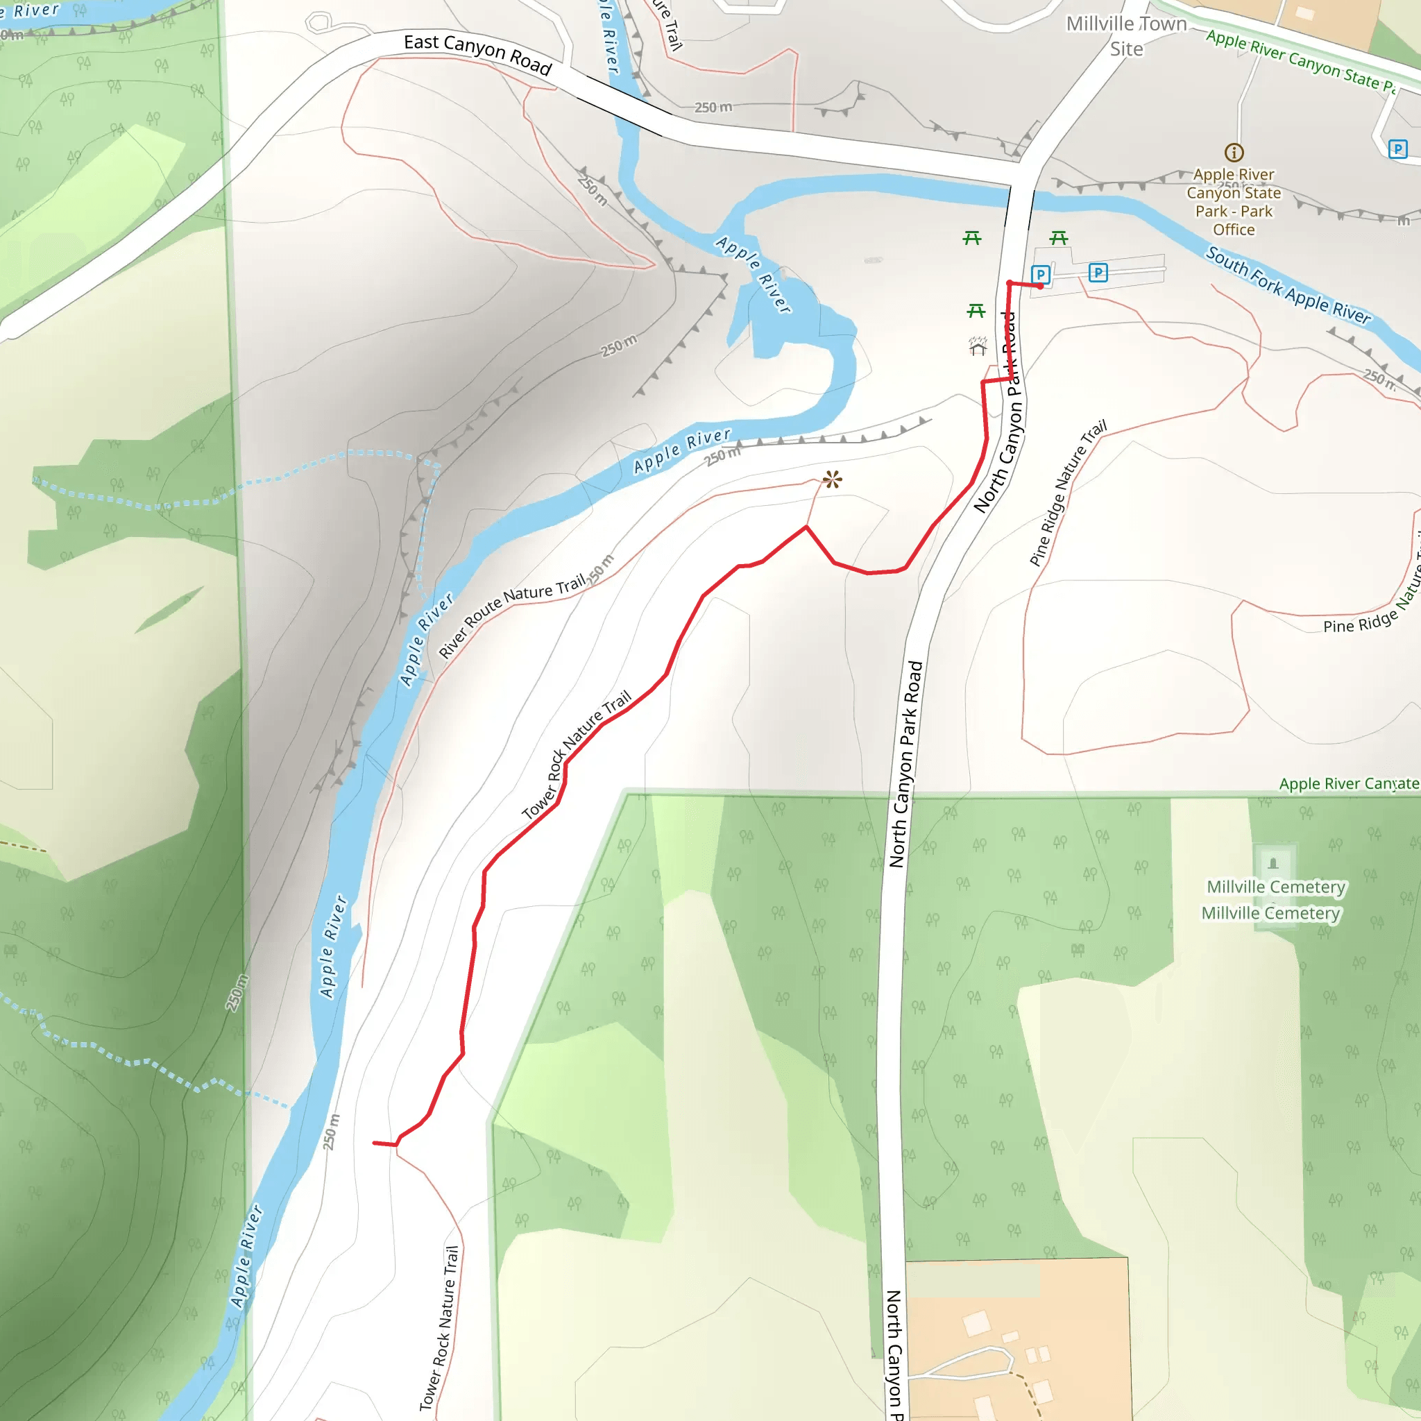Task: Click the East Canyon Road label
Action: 477,53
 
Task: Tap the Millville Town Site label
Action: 1126,36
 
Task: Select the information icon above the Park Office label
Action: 1234,152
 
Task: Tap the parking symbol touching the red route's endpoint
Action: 1040,274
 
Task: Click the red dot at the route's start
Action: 1040,285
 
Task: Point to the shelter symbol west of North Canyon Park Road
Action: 978,346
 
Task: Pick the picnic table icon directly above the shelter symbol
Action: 976,311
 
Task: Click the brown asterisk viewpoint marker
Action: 833,480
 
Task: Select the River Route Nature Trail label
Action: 513,615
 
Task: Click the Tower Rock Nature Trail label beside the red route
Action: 577,755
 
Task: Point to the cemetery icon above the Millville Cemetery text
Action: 1273,862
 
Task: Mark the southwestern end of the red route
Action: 375,1143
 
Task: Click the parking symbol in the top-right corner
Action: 1397,149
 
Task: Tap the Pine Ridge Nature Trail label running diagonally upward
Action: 1068,493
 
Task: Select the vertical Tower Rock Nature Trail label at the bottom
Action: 439,1327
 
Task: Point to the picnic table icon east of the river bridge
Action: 1058,237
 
